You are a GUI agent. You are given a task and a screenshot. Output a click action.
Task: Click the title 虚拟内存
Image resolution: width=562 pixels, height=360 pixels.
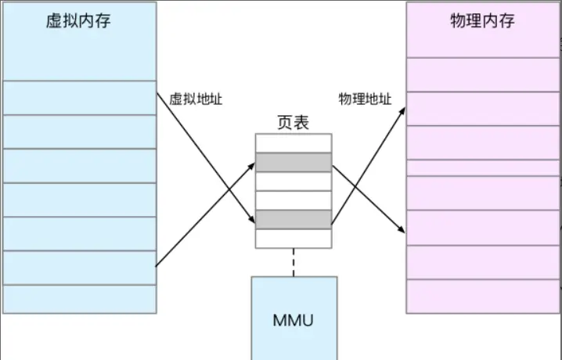click(x=78, y=20)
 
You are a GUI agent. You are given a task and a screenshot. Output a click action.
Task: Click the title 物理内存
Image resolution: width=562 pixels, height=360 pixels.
click(x=482, y=20)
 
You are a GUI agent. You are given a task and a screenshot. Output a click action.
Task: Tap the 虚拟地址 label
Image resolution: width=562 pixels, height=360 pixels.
click(x=196, y=99)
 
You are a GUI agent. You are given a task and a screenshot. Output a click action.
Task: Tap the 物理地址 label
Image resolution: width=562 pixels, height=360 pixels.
click(x=365, y=99)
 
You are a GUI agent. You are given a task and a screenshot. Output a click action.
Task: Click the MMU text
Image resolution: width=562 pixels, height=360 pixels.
click(x=294, y=320)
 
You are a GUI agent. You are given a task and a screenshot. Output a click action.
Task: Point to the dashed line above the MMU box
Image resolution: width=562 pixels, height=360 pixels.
click(x=294, y=261)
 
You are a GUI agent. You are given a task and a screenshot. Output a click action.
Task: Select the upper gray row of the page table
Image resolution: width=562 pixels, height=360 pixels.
click(x=293, y=163)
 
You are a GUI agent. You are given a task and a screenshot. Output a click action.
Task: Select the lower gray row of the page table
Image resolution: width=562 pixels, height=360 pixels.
click(x=293, y=219)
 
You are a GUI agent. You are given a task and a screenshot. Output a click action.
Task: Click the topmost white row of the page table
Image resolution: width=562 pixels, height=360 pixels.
click(x=293, y=143)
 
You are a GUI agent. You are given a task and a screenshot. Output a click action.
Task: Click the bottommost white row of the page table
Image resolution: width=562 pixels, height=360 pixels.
click(x=293, y=238)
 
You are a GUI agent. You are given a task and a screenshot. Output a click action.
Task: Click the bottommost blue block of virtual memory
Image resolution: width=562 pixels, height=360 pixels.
click(x=78, y=298)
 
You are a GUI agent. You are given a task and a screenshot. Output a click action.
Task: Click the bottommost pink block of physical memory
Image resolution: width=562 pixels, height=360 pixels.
click(x=482, y=296)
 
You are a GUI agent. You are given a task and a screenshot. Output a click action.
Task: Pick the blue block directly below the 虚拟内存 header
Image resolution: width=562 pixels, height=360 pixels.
click(x=78, y=97)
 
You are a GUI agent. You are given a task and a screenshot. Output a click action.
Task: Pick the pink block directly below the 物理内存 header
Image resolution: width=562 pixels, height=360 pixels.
click(x=482, y=74)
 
